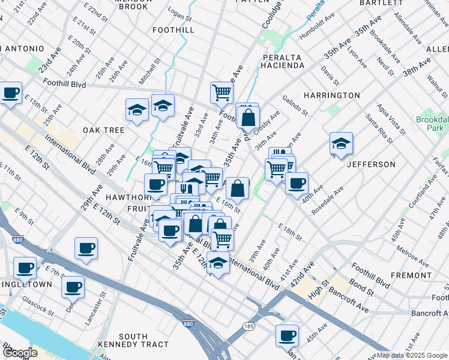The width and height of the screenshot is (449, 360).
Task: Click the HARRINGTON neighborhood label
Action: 331,95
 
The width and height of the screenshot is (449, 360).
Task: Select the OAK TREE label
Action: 104,130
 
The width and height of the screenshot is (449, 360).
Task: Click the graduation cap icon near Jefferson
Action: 341,144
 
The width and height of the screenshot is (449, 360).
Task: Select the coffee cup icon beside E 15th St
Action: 11,94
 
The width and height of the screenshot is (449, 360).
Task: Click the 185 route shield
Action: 249,326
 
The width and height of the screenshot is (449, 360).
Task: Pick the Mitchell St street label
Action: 150,70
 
